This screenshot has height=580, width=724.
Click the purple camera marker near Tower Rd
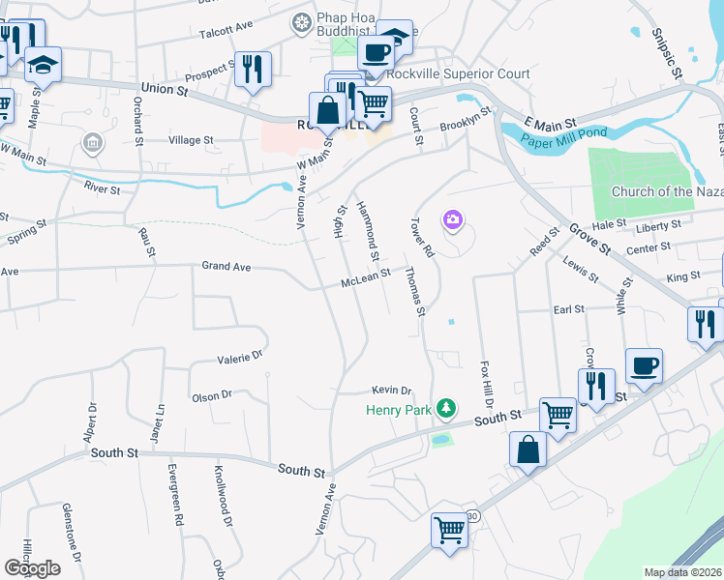452,221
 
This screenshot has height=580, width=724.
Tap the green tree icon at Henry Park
445,410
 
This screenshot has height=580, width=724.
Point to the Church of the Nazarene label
667,191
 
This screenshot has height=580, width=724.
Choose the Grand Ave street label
226,265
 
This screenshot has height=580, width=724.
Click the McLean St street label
365,278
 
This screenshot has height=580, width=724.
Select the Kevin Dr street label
392,391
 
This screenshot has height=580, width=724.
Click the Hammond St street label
368,231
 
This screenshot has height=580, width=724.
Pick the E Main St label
550,124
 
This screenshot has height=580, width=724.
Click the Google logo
31,567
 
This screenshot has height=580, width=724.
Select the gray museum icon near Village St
92,145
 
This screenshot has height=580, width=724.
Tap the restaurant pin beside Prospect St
253,69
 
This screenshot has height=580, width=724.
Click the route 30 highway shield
473,516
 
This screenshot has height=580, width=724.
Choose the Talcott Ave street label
225,30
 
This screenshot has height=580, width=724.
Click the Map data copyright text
683,572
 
